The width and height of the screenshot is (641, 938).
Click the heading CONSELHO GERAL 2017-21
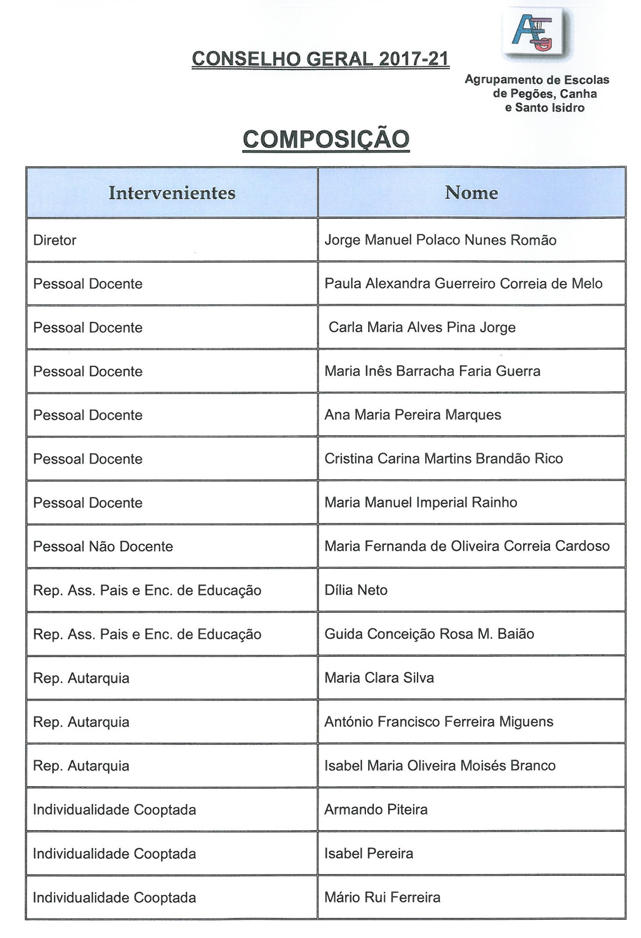pyautogui.click(x=320, y=59)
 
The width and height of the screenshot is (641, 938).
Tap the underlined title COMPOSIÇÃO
pyautogui.click(x=326, y=139)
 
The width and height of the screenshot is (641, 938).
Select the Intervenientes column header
pyautogui.click(x=172, y=193)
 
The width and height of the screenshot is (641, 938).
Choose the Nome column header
pyautogui.click(x=471, y=193)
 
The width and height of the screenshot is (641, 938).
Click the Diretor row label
pyautogui.click(x=55, y=240)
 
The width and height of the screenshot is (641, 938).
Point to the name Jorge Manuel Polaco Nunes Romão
pyautogui.click(x=440, y=240)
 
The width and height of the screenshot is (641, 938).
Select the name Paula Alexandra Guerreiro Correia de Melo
pyautogui.click(x=463, y=284)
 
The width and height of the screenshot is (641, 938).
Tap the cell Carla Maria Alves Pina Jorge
pyautogui.click(x=422, y=327)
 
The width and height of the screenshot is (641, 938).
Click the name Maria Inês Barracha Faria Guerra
pyautogui.click(x=432, y=371)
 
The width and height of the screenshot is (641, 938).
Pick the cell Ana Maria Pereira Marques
pyautogui.click(x=413, y=415)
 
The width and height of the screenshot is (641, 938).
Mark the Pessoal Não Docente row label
pyautogui.click(x=103, y=546)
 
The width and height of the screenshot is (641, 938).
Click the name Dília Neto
pyautogui.click(x=356, y=590)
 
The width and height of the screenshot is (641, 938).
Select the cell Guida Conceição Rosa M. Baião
pyautogui.click(x=429, y=634)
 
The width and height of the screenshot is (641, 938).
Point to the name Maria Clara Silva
pyautogui.click(x=379, y=678)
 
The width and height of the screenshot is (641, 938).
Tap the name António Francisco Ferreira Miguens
pyautogui.click(x=439, y=722)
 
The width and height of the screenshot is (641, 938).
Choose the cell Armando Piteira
pyautogui.click(x=376, y=809)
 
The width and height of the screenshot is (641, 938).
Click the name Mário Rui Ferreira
pyautogui.click(x=382, y=897)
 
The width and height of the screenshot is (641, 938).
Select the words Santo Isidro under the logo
pyautogui.click(x=550, y=108)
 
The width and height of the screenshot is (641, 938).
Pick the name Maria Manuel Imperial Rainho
pyautogui.click(x=421, y=502)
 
